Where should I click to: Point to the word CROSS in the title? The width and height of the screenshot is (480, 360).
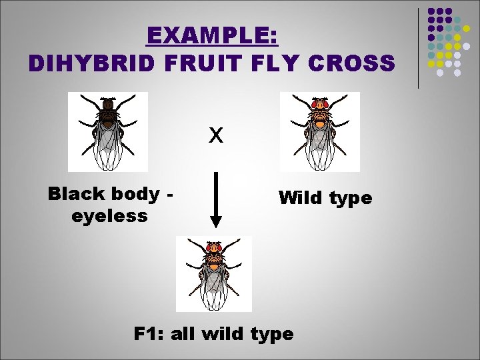(354, 63)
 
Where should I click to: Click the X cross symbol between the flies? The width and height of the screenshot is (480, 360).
(215, 136)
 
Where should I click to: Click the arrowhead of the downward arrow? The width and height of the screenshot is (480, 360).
(215, 221)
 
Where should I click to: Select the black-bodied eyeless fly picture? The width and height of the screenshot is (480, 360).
(107, 132)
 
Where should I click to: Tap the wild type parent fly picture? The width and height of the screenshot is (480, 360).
(320, 132)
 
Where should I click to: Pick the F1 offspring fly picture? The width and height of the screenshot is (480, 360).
(214, 274)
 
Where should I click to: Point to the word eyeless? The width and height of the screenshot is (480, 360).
(109, 217)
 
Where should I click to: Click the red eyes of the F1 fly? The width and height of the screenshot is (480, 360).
(214, 248)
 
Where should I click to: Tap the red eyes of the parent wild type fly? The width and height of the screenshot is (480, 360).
(320, 104)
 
